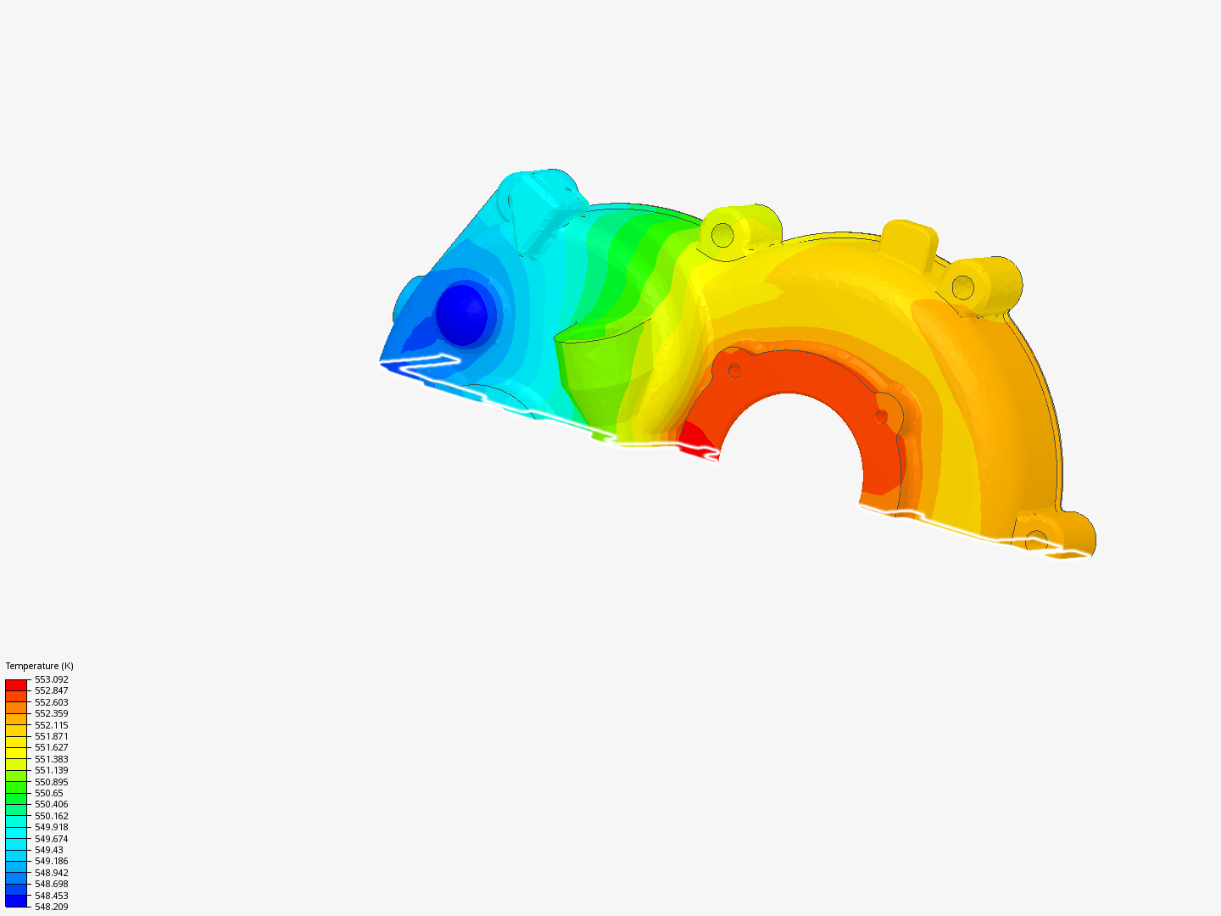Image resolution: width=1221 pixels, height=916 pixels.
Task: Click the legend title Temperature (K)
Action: pyautogui.click(x=39, y=666)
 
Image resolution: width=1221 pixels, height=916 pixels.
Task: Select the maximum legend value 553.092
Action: pyautogui.click(x=51, y=679)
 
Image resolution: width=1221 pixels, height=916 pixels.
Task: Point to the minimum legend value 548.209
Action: pyautogui.click(x=51, y=907)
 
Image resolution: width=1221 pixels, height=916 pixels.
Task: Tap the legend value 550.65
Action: pyautogui.click(x=48, y=793)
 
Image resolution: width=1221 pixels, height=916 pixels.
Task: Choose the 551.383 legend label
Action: pyautogui.click(x=51, y=759)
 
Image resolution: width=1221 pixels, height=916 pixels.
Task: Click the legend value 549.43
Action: pyautogui.click(x=48, y=850)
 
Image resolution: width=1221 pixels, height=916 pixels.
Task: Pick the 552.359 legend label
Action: pyautogui.click(x=51, y=713)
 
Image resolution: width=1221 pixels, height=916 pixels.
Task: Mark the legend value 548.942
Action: pyautogui.click(x=51, y=873)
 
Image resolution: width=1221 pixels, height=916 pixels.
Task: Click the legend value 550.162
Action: pyautogui.click(x=51, y=816)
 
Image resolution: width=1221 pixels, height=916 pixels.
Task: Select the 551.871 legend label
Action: pyautogui.click(x=51, y=736)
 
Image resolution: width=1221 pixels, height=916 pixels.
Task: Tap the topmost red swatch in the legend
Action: pyautogui.click(x=16, y=684)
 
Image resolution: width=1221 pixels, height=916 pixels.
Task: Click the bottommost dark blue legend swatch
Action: pyautogui.click(x=16, y=901)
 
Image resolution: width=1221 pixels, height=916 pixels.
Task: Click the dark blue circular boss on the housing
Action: pyautogui.click(x=461, y=315)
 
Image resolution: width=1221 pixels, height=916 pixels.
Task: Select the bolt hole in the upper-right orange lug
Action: pyautogui.click(x=962, y=288)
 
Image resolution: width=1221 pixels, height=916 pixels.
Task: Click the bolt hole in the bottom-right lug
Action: pyautogui.click(x=1036, y=539)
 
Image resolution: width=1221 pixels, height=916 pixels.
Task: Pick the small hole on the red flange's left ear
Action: pyautogui.click(x=734, y=371)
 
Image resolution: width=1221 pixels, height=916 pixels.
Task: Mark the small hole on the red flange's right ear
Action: pyautogui.click(x=882, y=416)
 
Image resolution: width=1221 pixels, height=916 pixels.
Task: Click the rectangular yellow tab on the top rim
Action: pyautogui.click(x=908, y=241)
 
